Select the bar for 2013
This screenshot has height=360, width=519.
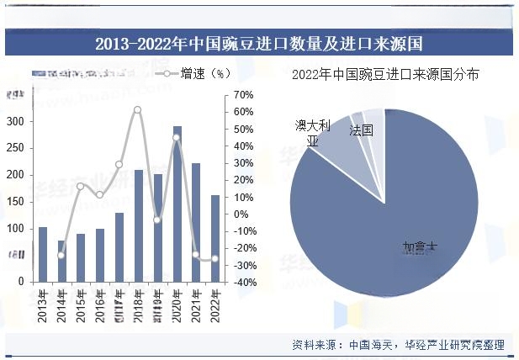(43, 255)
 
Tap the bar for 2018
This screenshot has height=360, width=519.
(139, 226)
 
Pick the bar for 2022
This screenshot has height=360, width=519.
(215, 239)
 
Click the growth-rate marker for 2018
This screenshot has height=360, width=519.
(138, 110)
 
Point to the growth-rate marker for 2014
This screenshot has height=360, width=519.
(61, 255)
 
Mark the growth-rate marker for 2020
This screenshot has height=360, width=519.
(177, 138)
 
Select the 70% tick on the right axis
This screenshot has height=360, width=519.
(243, 95)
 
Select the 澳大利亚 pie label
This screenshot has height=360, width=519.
(312, 133)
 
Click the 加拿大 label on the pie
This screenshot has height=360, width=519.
(420, 247)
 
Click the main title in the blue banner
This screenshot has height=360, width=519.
(259, 43)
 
